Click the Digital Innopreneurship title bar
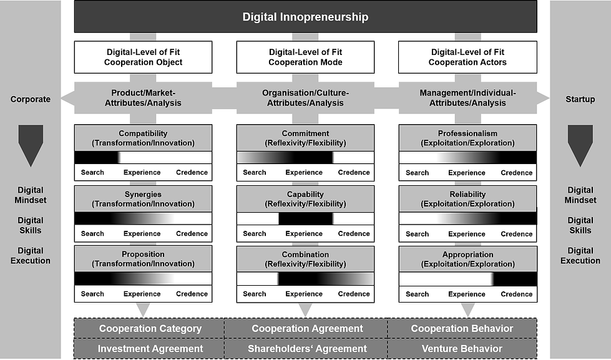point(305,17)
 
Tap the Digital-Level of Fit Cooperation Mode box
point(305,57)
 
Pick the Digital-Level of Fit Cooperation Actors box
point(468,57)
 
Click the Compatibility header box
point(143,138)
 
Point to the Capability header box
point(305,198)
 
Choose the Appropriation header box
point(468,259)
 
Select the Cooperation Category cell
point(150,328)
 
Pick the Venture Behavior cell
point(462,349)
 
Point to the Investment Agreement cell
point(150,349)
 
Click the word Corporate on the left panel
point(31,99)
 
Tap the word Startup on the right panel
point(580,99)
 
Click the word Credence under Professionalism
point(516,173)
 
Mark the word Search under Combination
point(255,294)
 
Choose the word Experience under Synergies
point(142,233)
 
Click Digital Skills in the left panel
point(31,225)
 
